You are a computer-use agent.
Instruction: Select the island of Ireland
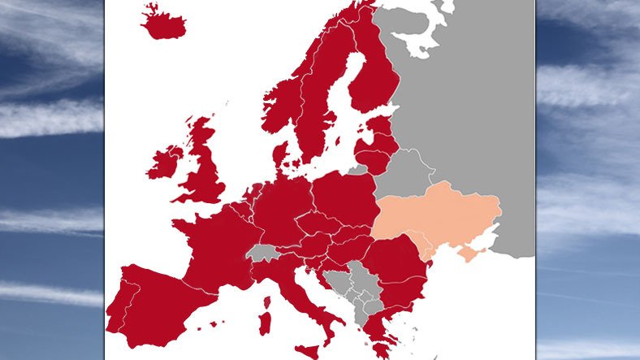pos(165,162)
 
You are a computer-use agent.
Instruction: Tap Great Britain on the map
pos(204,170)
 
